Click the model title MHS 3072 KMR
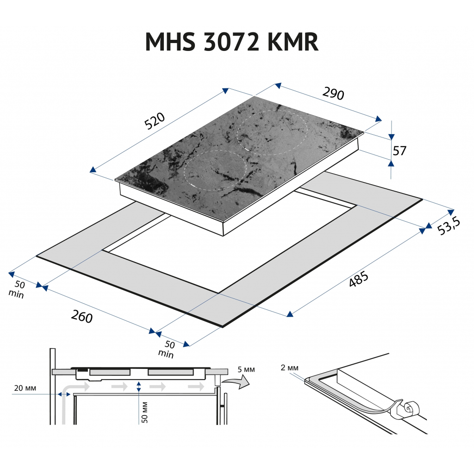click(231, 42)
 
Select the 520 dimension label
click(155, 121)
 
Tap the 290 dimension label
click(333, 94)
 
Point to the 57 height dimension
click(399, 150)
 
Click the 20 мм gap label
click(25, 387)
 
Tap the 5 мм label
click(246, 369)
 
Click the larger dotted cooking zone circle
click(272, 132)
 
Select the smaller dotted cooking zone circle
click(215, 170)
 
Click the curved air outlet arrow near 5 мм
click(236, 382)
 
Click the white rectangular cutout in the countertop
click(231, 245)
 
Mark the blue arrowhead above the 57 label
click(391, 137)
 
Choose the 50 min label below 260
click(168, 349)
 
